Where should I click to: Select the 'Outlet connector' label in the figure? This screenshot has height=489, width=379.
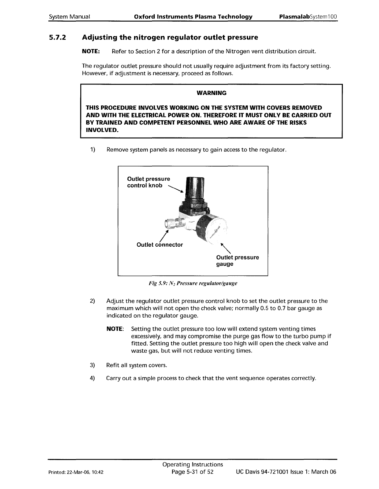click(159, 245)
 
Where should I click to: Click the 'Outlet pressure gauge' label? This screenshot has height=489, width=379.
click(237, 261)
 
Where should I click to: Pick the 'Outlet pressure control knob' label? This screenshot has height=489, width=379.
click(148, 182)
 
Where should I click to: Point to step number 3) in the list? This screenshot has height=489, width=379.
click(92, 365)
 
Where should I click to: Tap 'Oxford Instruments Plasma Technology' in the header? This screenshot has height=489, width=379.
click(193, 16)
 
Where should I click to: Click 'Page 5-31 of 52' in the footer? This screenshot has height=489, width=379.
click(193, 472)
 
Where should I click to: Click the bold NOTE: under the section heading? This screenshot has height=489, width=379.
click(90, 51)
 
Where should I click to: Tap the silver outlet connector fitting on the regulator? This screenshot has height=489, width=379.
click(171, 222)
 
